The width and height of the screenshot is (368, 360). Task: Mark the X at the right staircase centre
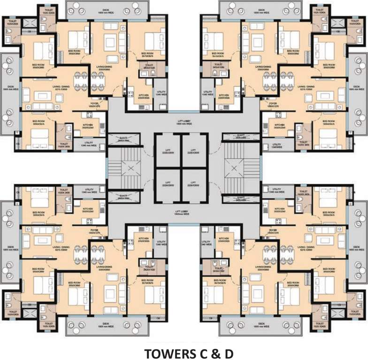tap(242, 166)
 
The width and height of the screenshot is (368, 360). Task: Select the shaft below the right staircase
tap(241, 199)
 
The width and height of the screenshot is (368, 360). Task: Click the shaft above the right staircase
tap(241, 137)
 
